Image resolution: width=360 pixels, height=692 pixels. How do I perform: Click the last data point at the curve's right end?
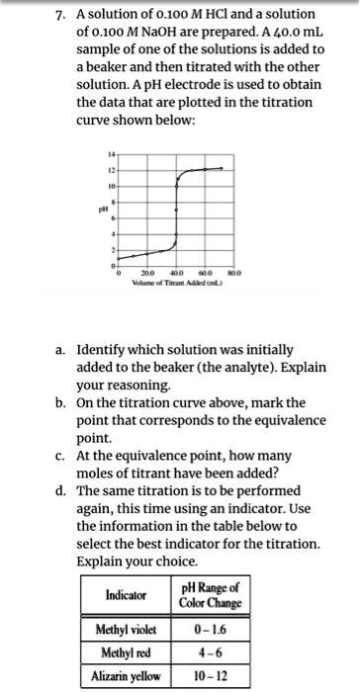(x=222, y=169)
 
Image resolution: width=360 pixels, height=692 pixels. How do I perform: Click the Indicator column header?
(x=127, y=595)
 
